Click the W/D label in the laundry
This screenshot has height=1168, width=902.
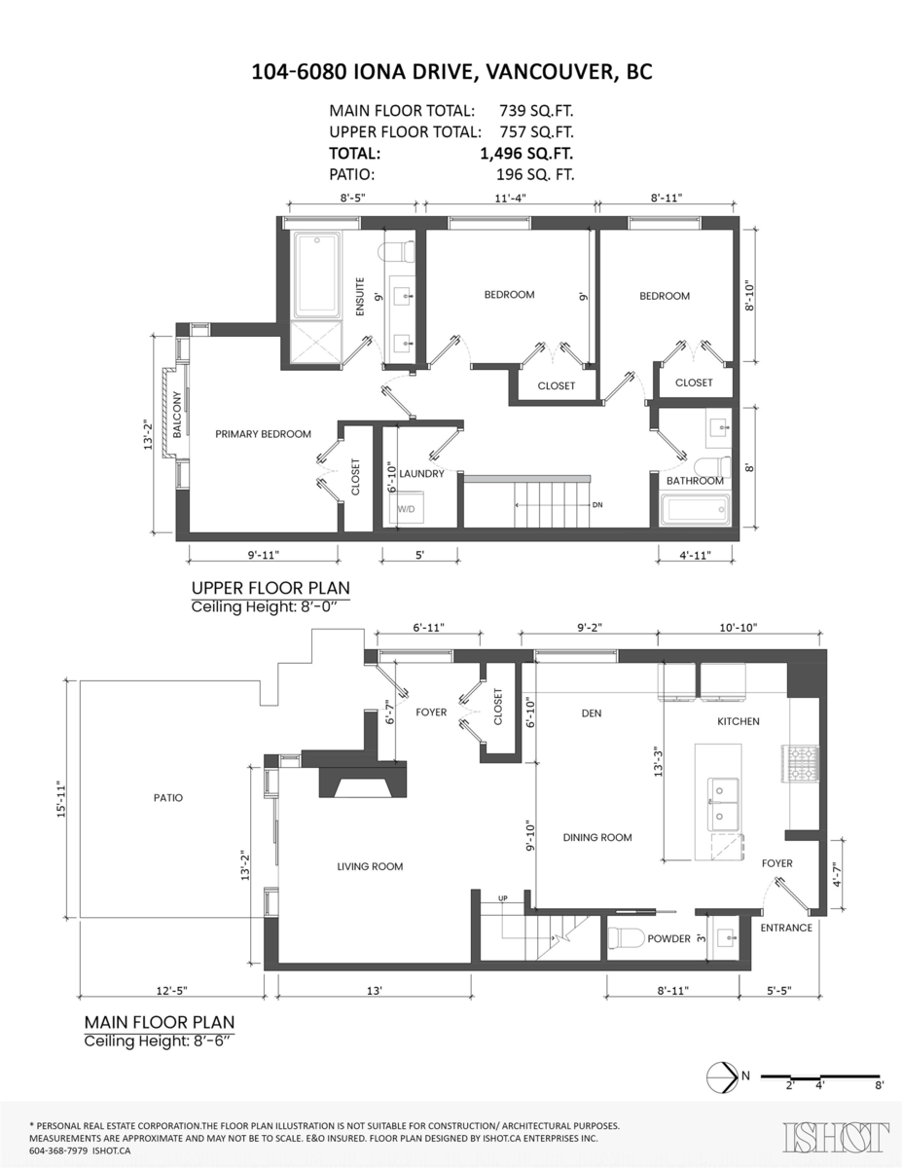coord(405,508)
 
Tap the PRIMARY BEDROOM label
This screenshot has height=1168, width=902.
coord(263,434)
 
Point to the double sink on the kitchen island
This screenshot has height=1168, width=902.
coord(725,799)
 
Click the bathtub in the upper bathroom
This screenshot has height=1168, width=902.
coord(694,510)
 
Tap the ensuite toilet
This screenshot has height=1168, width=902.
coord(397,252)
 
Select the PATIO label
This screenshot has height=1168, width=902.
coord(167,798)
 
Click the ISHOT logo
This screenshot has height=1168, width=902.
coord(836,1137)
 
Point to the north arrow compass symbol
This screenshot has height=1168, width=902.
coord(719,1077)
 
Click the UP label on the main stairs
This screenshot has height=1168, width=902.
coord(503,896)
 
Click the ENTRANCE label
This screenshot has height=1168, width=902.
coord(785,928)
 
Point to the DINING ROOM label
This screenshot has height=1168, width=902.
coord(597,837)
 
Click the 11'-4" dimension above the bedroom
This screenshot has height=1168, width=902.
coord(510,199)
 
